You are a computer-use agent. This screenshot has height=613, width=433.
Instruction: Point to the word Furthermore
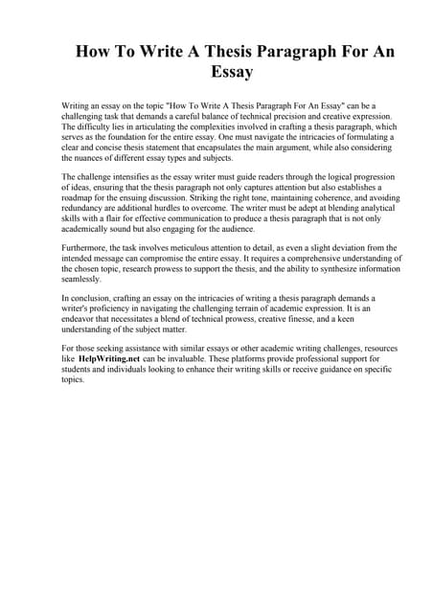(86, 247)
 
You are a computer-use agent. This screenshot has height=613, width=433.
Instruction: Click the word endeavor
(85, 320)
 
